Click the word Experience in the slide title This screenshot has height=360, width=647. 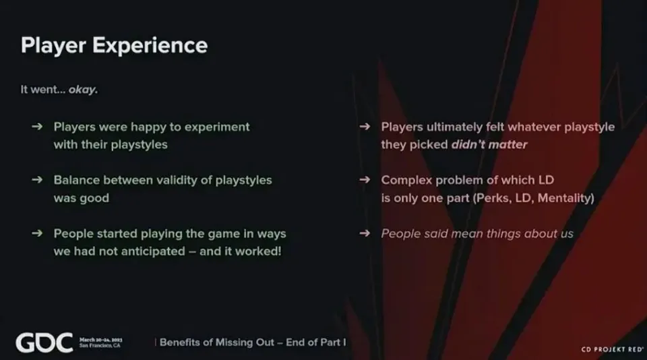pos(150,45)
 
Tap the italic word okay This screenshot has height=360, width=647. pos(83,90)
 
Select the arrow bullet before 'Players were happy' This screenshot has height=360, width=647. pos(37,126)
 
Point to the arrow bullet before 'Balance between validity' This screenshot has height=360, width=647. pos(37,179)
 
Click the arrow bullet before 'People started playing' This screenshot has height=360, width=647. pos(37,233)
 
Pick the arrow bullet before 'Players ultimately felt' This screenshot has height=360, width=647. pos(365,126)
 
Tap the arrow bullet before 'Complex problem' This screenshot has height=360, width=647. pos(365,179)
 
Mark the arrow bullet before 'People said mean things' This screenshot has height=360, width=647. pos(365,233)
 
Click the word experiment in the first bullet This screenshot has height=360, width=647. pos(217,127)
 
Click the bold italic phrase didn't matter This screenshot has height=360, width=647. pos(489,144)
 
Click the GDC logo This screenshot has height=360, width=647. pos(44,342)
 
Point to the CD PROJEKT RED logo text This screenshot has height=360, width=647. pos(613,349)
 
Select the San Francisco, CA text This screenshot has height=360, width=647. pos(100,346)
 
